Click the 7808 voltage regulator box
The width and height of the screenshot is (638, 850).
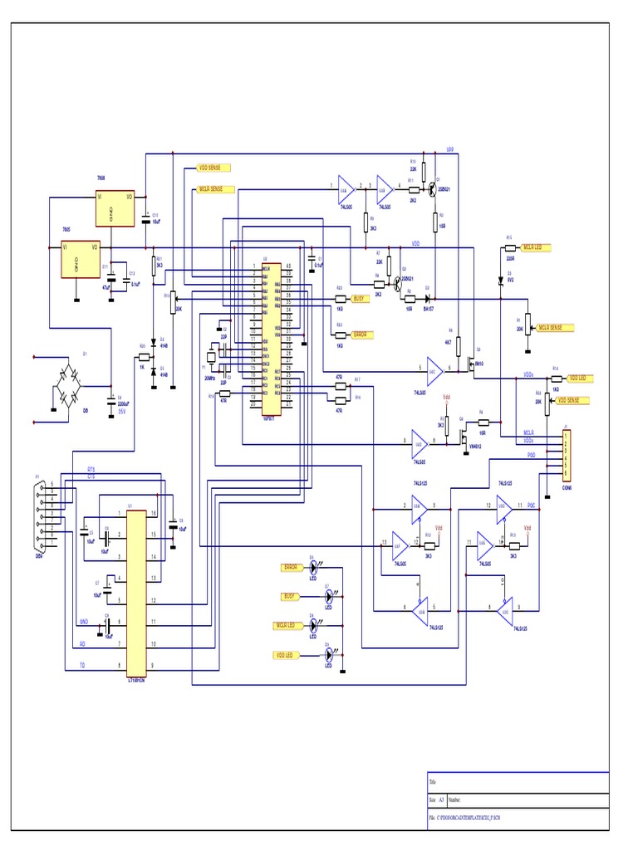pos(115,208)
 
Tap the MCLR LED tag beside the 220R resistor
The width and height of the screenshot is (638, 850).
pos(537,247)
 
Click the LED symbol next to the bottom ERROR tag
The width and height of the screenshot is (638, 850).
pos(313,567)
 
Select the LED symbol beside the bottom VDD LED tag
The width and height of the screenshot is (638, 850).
pos(328,655)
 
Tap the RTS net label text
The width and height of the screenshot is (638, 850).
pos(91,469)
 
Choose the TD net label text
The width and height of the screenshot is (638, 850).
pos(81,666)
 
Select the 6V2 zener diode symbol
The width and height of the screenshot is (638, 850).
pos(500,281)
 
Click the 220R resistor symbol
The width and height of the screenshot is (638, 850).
pos(510,248)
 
